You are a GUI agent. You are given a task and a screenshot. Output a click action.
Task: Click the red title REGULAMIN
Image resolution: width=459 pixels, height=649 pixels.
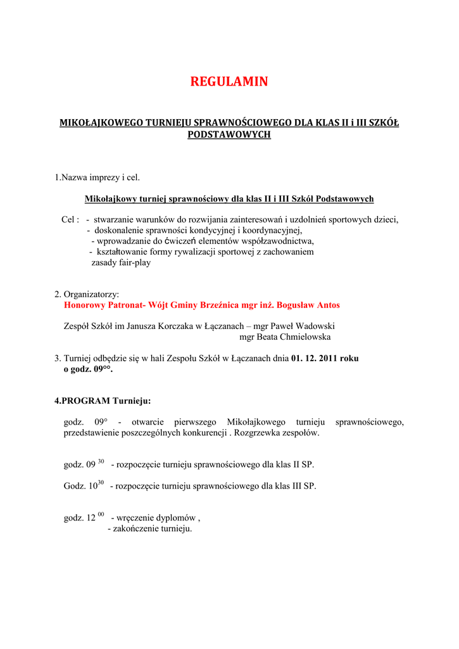[229, 82]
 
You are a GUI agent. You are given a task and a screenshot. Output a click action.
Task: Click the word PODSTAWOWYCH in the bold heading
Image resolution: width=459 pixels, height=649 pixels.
[229, 135]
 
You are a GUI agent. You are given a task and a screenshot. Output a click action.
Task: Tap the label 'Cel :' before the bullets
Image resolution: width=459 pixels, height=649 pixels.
[70, 219]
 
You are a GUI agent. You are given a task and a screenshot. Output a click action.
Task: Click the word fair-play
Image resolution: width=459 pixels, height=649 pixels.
[134, 262]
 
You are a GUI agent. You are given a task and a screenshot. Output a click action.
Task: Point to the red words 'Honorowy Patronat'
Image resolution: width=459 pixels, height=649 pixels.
[104, 305]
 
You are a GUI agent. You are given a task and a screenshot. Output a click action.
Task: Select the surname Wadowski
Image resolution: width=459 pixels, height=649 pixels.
[313, 326]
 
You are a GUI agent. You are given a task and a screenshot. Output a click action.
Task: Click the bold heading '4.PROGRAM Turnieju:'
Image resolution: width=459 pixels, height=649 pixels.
[103, 401]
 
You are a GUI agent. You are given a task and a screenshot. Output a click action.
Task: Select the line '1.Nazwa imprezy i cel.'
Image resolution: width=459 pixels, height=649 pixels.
[97, 177]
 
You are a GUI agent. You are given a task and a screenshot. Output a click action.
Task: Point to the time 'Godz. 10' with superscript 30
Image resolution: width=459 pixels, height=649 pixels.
[84, 486]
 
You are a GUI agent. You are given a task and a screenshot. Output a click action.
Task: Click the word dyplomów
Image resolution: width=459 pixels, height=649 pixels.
[177, 518]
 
